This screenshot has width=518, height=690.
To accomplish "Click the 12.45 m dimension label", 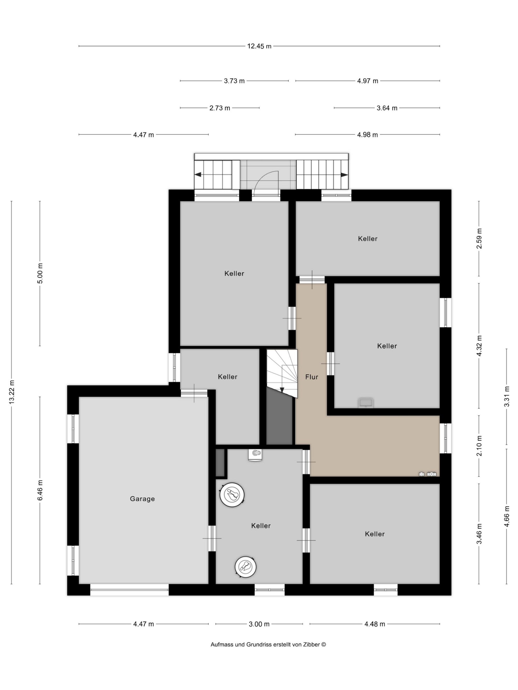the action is click(x=259, y=46).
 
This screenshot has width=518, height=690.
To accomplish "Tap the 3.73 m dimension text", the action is click(x=234, y=81).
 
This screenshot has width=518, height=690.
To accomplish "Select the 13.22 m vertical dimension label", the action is click(x=12, y=392).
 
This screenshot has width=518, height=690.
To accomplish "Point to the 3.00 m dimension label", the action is click(x=259, y=624).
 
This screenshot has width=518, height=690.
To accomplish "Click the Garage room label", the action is click(x=142, y=499).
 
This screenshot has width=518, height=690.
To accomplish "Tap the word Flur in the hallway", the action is click(x=312, y=377).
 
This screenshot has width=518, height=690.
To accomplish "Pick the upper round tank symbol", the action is click(x=232, y=494).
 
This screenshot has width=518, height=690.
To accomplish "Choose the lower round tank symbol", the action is click(x=246, y=567).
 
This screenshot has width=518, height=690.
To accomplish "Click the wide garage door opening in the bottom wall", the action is click(x=129, y=590).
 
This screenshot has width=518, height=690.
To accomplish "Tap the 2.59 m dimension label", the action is click(x=479, y=238).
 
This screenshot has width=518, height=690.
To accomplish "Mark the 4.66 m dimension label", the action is click(x=506, y=516).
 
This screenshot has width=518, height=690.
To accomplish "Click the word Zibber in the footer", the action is click(x=311, y=644).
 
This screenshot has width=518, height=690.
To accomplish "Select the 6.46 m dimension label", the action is click(x=40, y=490).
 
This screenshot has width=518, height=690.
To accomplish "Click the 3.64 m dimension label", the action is click(x=387, y=108).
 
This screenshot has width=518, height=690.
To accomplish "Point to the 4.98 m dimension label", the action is click(x=368, y=135).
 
